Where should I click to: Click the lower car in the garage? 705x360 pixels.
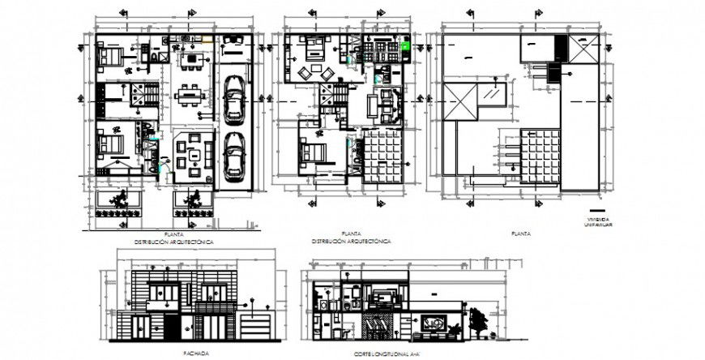[233, 154]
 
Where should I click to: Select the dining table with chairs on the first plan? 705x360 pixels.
[190, 95]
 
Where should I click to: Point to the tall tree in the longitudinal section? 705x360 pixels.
[481, 322]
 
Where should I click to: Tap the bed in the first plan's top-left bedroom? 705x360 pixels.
[111, 58]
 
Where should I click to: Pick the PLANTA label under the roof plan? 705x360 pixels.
[521, 234]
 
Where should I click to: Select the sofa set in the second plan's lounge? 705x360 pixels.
[383, 104]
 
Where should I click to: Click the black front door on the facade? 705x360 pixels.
[172, 328]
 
